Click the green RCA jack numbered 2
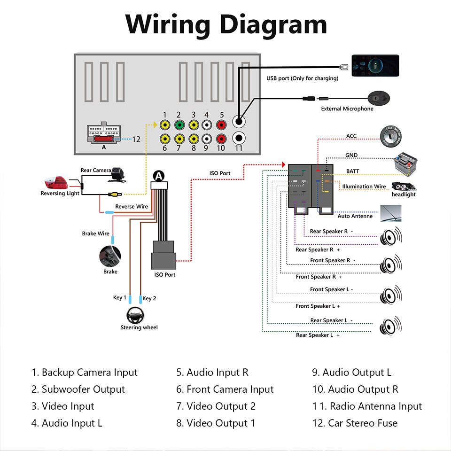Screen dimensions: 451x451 [x=179, y=125]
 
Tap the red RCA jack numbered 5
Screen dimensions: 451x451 [x=222, y=125]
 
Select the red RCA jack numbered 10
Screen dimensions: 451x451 [x=222, y=139]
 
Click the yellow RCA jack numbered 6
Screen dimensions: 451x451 [x=165, y=139]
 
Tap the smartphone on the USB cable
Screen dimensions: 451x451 [x=375, y=65]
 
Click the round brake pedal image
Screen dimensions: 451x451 [x=110, y=257]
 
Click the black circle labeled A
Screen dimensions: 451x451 [x=159, y=176]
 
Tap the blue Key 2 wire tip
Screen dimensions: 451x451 [x=140, y=299]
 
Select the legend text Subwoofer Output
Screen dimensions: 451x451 [x=83, y=389]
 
